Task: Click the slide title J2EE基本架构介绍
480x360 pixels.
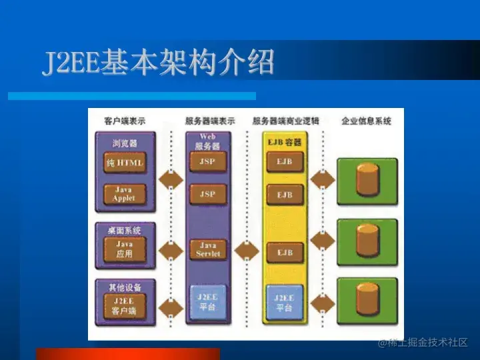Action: pos(159,63)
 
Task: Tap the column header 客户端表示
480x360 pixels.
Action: pos(125,121)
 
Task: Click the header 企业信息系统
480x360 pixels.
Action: pos(366,121)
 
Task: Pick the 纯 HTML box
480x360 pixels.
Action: pos(125,163)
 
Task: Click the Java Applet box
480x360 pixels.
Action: pos(124,194)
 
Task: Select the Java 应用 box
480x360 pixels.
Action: pos(124,249)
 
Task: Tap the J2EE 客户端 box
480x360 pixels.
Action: pos(124,305)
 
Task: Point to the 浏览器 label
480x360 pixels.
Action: pos(125,143)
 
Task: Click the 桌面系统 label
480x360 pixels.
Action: pos(125,230)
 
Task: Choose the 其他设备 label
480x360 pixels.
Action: pos(125,287)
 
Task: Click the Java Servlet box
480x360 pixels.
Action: pos(208,249)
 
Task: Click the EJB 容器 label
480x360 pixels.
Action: pos(285,141)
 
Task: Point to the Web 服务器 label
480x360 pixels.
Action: pos(208,141)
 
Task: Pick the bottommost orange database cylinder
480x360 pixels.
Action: pos(367,298)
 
